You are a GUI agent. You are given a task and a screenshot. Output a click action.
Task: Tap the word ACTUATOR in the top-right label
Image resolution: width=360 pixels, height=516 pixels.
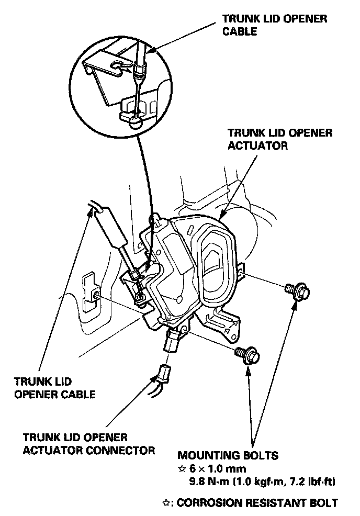258,146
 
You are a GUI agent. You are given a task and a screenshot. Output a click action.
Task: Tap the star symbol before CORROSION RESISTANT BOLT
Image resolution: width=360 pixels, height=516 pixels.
166,503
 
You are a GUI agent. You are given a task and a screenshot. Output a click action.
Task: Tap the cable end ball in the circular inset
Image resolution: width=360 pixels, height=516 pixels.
135,120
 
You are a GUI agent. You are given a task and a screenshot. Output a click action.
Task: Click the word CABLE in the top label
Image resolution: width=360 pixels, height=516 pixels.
240,31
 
